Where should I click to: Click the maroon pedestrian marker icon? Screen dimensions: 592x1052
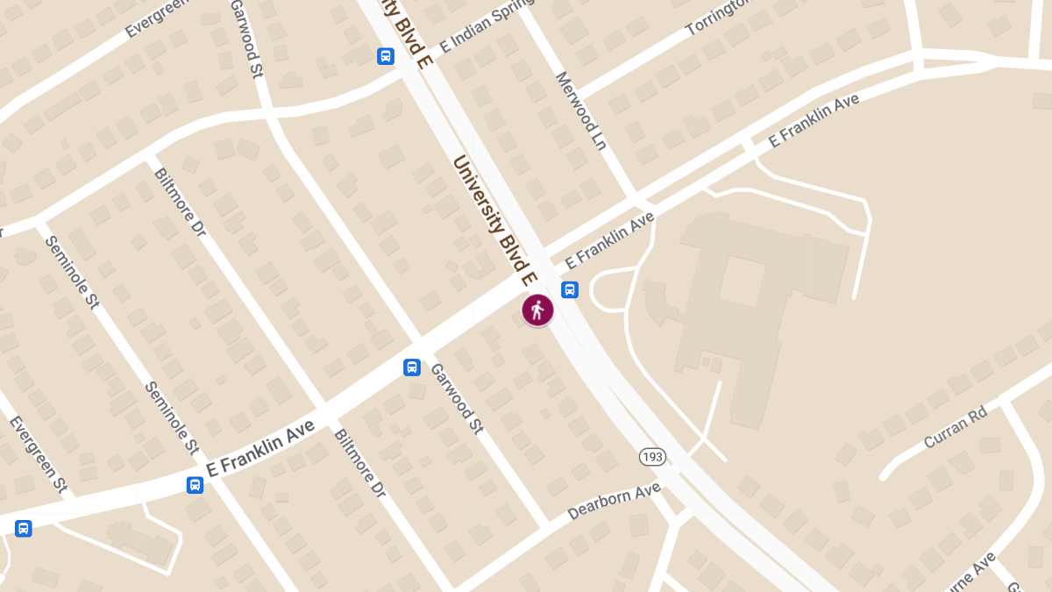(x=537, y=310)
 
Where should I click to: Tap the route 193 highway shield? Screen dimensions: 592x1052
(x=652, y=457)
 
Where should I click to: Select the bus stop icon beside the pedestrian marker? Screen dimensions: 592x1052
(x=569, y=289)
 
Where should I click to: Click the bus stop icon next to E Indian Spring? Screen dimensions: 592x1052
(x=385, y=56)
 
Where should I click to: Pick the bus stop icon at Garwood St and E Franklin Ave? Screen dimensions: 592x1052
(x=411, y=367)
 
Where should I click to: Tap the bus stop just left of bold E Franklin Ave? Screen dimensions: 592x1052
(x=195, y=484)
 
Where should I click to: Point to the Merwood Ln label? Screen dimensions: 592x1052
(x=580, y=111)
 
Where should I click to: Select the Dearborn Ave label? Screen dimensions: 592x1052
(x=614, y=501)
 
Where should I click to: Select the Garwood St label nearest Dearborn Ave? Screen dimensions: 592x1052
(x=457, y=397)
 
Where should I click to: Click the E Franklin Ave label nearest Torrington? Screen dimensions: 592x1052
(x=814, y=120)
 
